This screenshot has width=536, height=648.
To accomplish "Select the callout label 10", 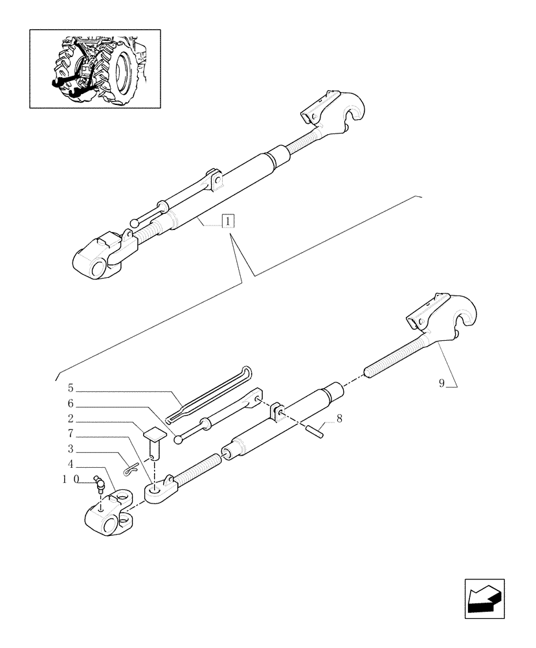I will (x=71, y=480).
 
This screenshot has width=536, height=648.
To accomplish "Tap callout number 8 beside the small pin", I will (x=339, y=419).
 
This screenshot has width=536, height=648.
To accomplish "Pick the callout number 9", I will (x=441, y=383).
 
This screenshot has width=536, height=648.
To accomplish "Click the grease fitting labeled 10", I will (x=99, y=483).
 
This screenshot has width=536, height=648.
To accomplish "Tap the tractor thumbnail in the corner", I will (x=95, y=68).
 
